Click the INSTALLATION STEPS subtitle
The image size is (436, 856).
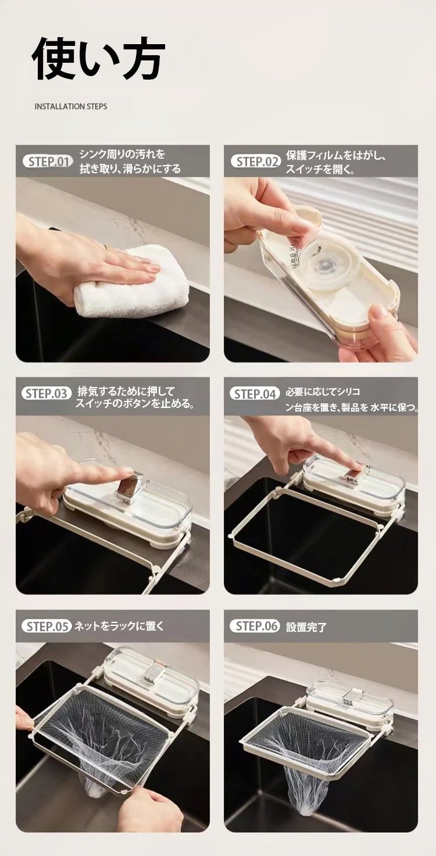tap(71, 106)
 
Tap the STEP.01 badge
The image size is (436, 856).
tap(48, 162)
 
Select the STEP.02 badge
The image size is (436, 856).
tap(256, 162)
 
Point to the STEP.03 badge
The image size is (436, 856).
tap(47, 393)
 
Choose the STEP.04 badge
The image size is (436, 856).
tap(255, 394)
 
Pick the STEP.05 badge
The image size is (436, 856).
tap(47, 626)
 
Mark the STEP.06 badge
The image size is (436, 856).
tap(255, 626)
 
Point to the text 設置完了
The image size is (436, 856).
tap(306, 627)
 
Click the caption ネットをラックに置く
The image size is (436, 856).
tap(119, 626)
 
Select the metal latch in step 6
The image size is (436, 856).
tap(353, 697)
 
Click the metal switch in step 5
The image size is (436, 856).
tap(153, 671)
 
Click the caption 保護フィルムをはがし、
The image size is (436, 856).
tap(337, 156)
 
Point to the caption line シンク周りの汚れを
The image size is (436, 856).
tap(122, 155)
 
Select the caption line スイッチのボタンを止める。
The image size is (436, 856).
tap(135, 403)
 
